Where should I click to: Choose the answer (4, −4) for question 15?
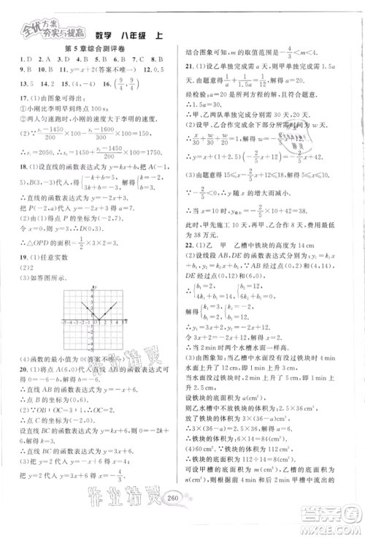pos(64,83)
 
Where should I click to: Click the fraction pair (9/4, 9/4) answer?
pos(99,83)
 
